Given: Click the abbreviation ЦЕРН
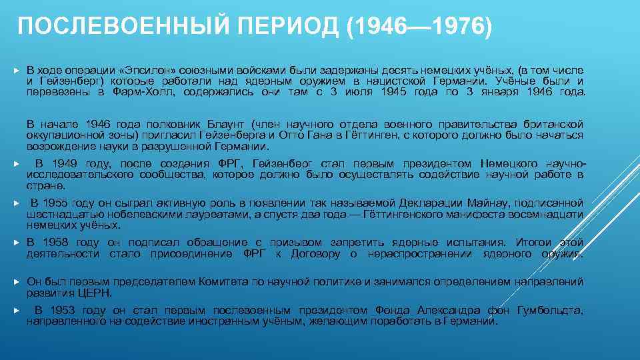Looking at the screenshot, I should [98, 293].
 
